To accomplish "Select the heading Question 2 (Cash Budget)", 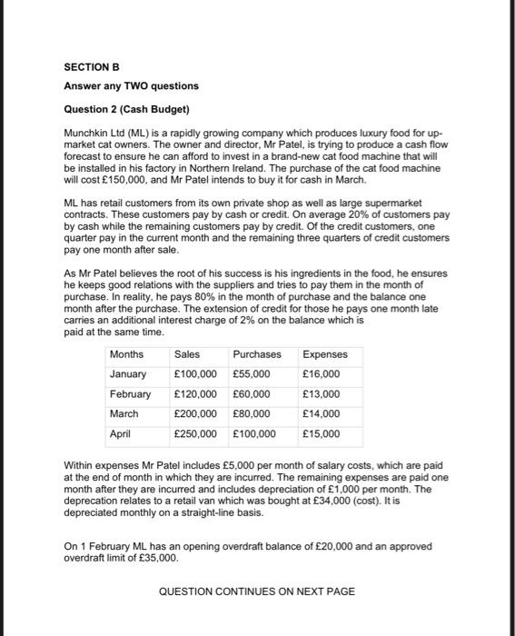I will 126,110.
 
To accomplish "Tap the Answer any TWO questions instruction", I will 131,86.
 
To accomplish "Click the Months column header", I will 126,354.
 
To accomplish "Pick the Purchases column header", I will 257,354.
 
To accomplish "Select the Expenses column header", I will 324,354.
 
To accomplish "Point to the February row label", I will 131,394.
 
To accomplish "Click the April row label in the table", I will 121,434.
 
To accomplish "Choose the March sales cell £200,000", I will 195,414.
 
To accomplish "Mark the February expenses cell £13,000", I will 322,394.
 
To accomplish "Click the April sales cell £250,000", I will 195,434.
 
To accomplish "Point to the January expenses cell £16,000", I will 322,374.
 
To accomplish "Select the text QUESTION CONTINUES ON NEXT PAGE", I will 257,591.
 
